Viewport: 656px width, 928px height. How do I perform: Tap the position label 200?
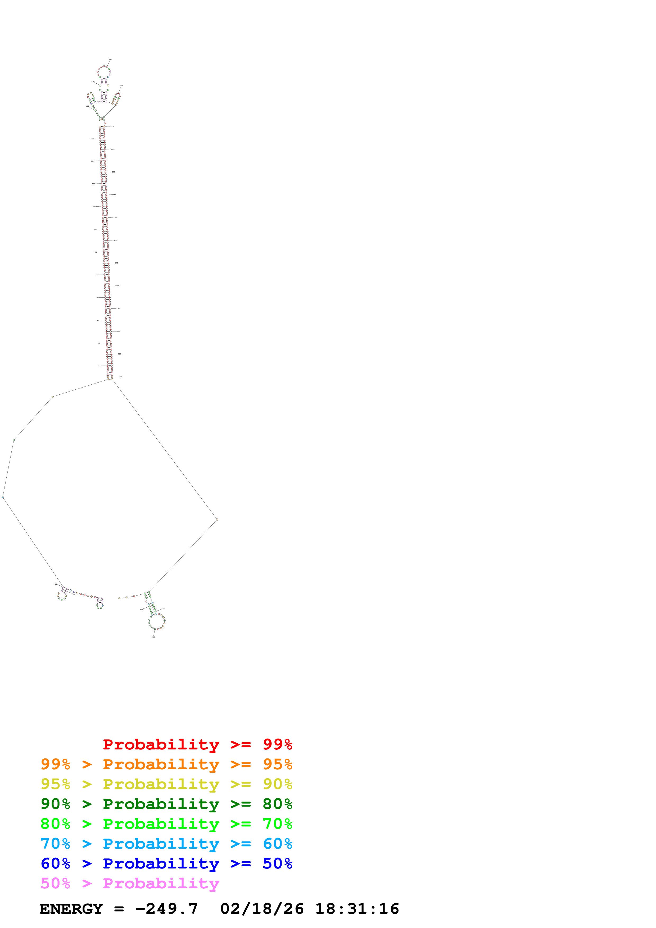point(121,86)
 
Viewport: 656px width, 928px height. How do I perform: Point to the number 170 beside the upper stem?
point(93,82)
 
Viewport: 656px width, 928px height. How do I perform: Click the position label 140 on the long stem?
point(92,138)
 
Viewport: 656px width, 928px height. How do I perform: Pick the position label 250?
point(115,217)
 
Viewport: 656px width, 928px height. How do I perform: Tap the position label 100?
point(95,229)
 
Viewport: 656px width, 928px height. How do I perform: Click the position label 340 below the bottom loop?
point(153,637)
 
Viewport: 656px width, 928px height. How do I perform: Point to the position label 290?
point(117,308)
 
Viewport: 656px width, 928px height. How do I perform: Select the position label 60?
point(98,320)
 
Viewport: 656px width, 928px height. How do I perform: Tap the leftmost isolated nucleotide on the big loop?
point(3,497)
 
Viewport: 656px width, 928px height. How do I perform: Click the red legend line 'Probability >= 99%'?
point(197,744)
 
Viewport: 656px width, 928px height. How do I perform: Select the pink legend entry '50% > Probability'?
point(130,884)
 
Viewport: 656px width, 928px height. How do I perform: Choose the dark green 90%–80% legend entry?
point(166,804)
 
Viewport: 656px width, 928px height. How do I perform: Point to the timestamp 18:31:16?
point(357,909)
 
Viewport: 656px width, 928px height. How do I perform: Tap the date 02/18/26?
point(262,909)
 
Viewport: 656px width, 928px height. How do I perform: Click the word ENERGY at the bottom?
point(71,909)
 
